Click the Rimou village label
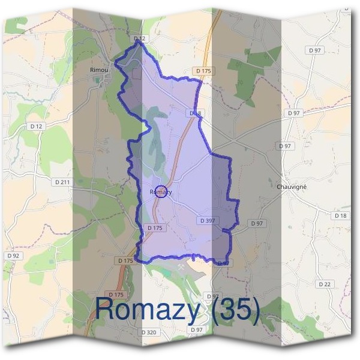tap(99, 70)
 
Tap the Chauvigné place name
tap(292, 187)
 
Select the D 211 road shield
tap(62, 182)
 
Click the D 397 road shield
tap(206, 221)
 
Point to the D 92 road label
tap(13, 256)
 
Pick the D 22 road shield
tap(325, 284)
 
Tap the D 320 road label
tap(148, 332)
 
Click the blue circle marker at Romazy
tap(160, 192)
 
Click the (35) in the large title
tap(232, 310)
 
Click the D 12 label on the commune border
tap(140, 38)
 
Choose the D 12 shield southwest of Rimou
tap(37, 126)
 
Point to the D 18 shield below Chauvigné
tap(341, 215)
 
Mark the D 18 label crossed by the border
tap(196, 113)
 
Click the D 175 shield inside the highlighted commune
tap(155, 228)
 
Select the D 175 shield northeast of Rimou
tap(203, 71)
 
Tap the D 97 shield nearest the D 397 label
tap(257, 223)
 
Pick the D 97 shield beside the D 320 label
tap(196, 330)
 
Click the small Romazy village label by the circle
tap(161, 192)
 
